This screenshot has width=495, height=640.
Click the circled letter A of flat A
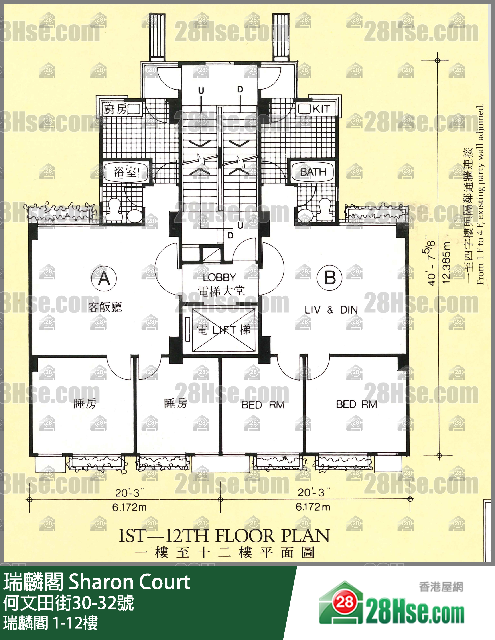pyautogui.click(x=104, y=278)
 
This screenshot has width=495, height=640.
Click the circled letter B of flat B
pyautogui.click(x=330, y=277)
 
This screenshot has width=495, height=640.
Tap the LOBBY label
pyautogui.click(x=219, y=277)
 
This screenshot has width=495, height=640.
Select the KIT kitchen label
pyautogui.click(x=321, y=109)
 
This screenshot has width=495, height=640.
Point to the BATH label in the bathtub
pyautogui.click(x=313, y=172)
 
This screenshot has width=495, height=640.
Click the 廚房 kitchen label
pyautogui.click(x=115, y=110)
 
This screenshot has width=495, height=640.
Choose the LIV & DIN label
pyautogui.click(x=331, y=310)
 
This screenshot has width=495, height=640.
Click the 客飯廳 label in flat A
pyautogui.click(x=105, y=307)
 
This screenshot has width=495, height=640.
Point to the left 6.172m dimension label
pyautogui.click(x=129, y=507)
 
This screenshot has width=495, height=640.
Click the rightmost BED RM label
pyautogui.click(x=356, y=404)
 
